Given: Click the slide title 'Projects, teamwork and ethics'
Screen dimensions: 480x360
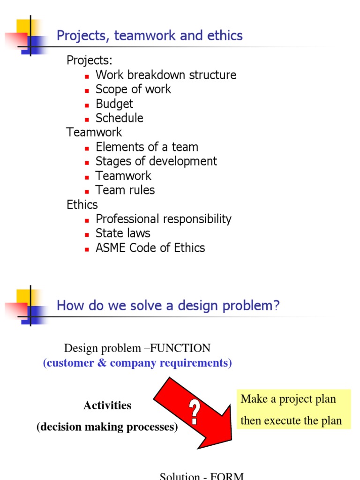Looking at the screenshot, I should (x=150, y=36).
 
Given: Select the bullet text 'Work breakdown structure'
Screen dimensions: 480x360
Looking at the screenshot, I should (x=166, y=75).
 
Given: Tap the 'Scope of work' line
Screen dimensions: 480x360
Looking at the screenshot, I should (x=133, y=89).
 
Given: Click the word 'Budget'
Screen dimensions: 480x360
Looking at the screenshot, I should (x=114, y=104).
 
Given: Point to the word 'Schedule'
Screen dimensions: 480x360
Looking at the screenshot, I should (x=120, y=118).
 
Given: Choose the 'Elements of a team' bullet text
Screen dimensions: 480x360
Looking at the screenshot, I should (x=147, y=147).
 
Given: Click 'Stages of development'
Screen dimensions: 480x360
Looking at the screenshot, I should (x=156, y=161).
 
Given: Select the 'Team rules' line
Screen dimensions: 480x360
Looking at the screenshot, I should (x=125, y=190).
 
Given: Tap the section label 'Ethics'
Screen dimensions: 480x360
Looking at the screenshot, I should (x=82, y=204).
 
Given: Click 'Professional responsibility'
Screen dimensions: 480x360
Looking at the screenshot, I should (x=164, y=219).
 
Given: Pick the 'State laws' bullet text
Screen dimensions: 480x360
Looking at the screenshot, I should (x=123, y=233).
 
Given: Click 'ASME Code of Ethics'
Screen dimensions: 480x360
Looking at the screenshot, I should (x=150, y=247).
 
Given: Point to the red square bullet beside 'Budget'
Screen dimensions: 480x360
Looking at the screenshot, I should (x=87, y=105).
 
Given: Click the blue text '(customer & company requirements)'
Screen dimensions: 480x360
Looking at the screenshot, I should (x=137, y=363).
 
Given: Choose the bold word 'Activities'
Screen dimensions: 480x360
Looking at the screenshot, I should (x=107, y=405).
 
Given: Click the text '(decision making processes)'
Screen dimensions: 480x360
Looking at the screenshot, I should (x=107, y=427).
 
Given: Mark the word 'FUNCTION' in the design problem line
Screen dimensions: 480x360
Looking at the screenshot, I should (x=180, y=348).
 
